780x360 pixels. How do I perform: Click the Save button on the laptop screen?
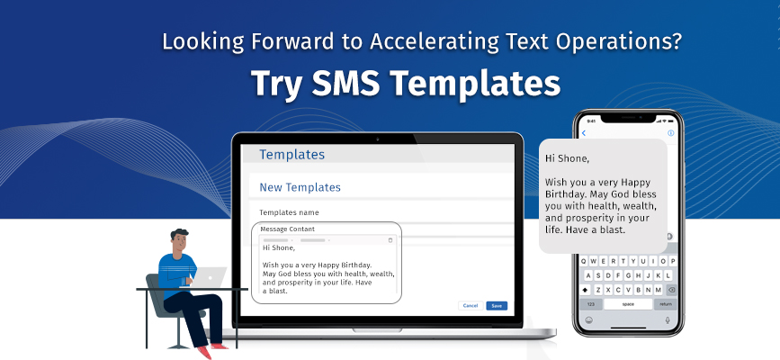497,306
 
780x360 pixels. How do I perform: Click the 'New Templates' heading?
300,187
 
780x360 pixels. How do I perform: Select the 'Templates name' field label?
289,212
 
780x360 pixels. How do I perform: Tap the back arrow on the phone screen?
584,133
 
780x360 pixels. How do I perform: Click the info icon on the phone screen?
670,133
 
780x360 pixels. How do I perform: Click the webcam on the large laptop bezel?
378,139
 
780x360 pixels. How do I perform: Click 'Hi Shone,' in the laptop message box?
280,247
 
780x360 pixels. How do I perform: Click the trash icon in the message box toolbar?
390,240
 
